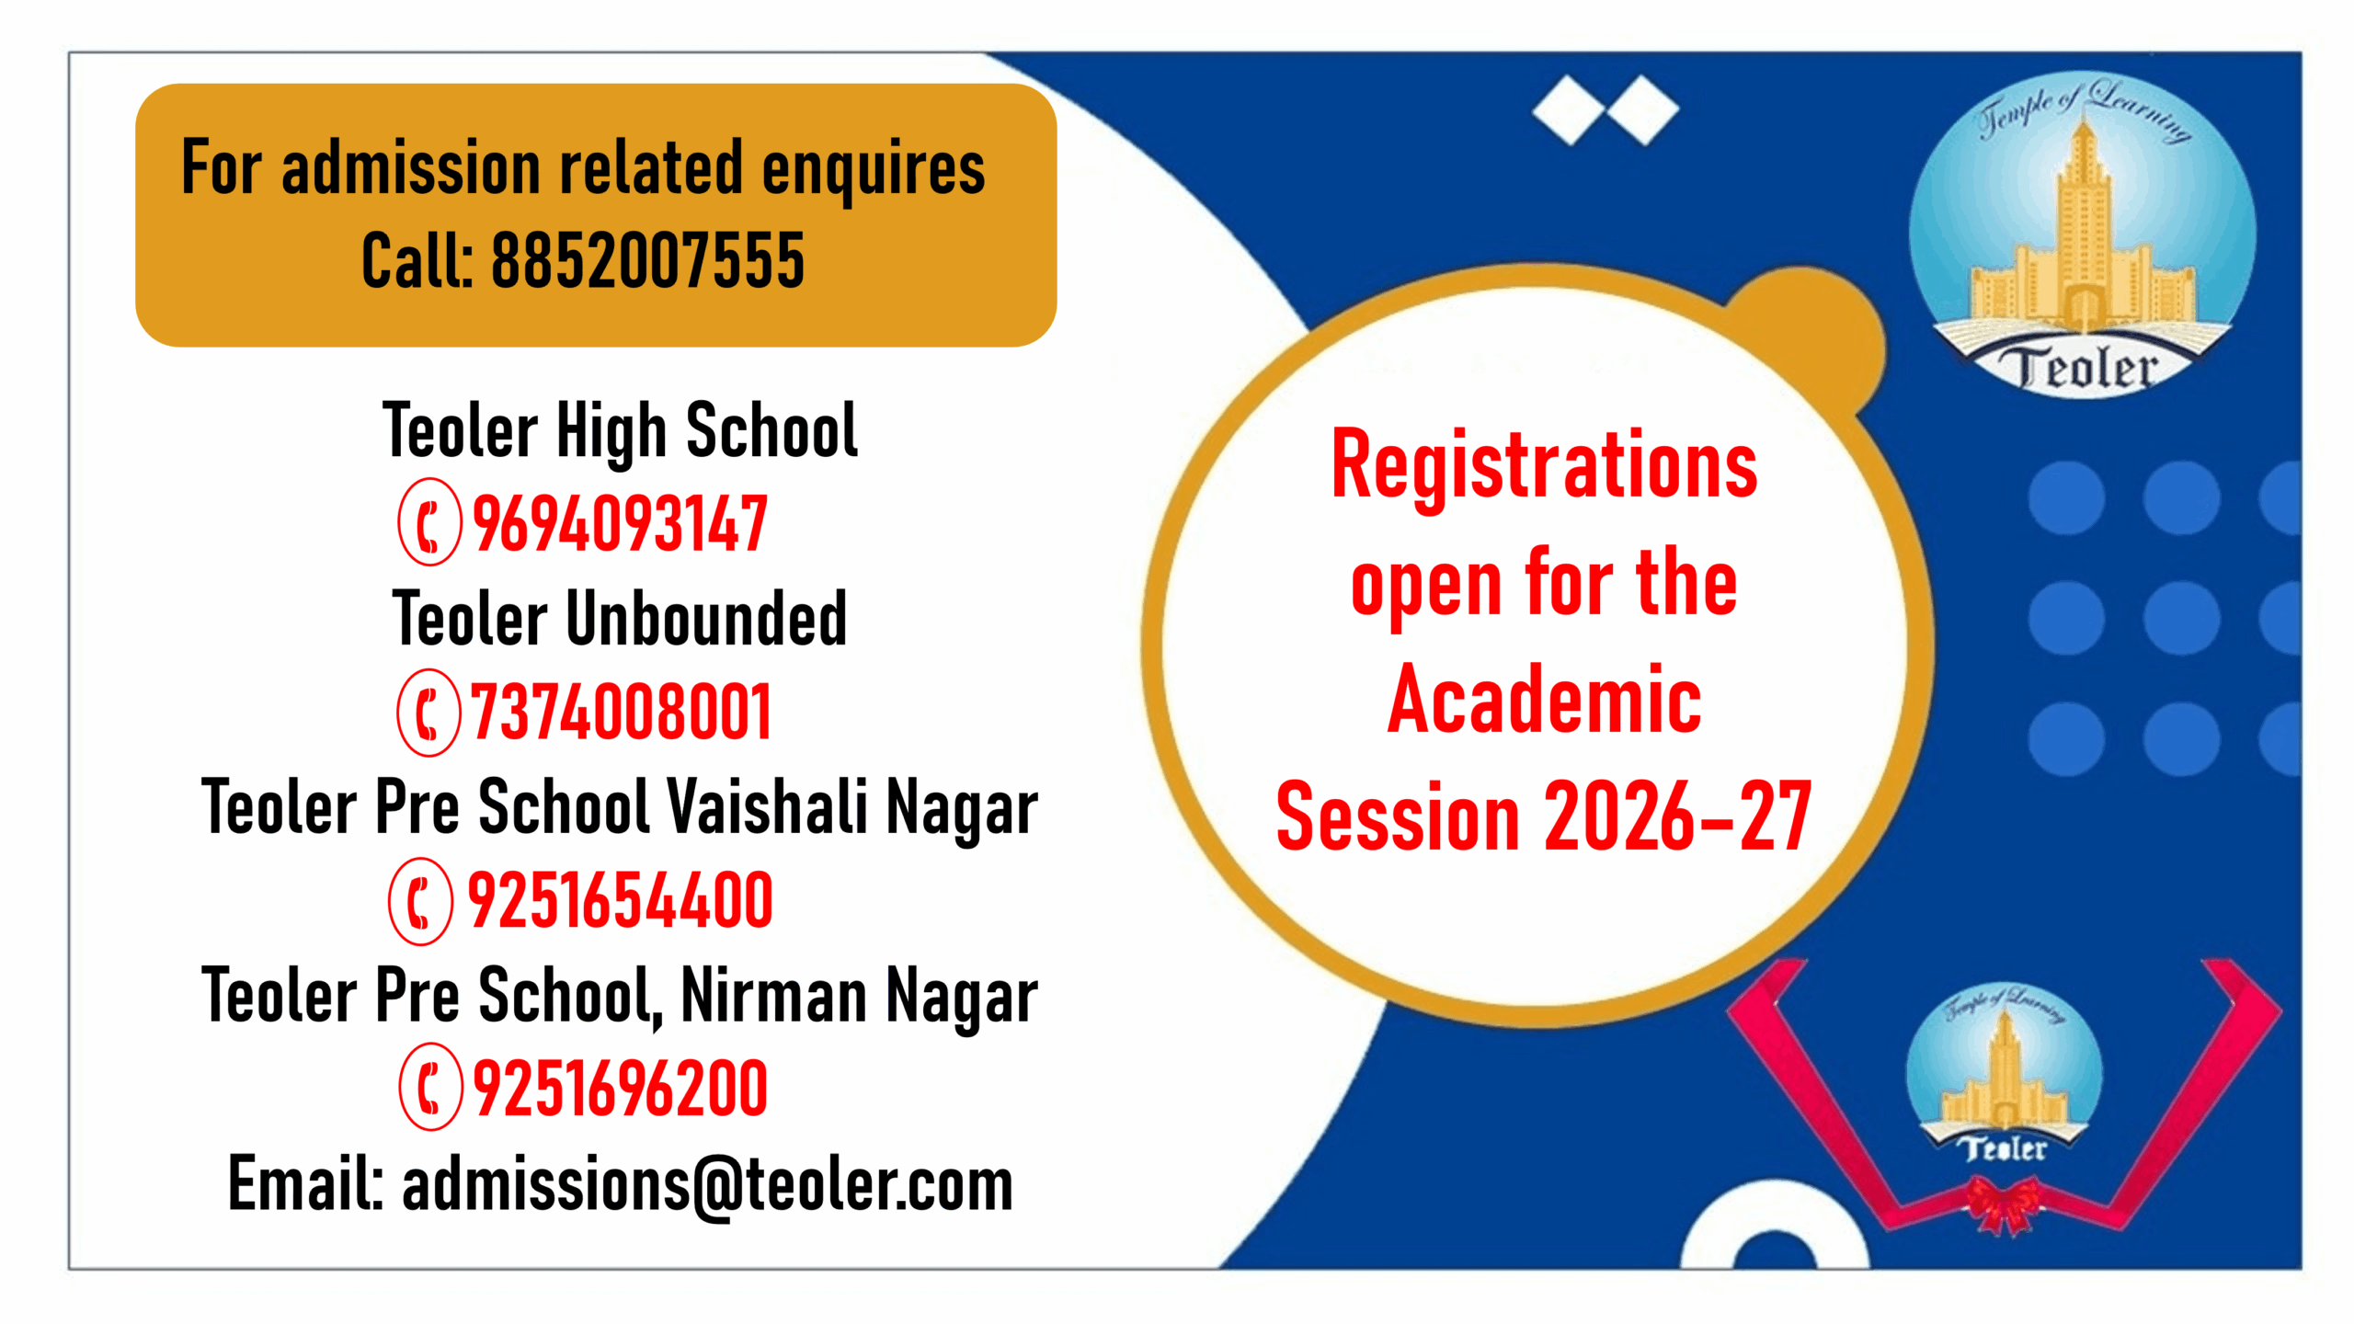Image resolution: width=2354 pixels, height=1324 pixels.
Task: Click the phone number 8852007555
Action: click(647, 261)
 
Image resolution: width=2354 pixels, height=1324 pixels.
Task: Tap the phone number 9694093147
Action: click(620, 524)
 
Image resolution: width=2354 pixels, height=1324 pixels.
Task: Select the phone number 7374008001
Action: click(622, 713)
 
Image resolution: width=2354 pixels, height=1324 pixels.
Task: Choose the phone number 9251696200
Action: click(620, 1089)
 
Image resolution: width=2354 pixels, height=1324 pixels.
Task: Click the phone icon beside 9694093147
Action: click(429, 522)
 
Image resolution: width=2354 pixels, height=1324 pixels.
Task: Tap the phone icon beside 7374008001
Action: click(428, 713)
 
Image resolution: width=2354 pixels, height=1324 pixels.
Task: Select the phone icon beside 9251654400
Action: click(420, 901)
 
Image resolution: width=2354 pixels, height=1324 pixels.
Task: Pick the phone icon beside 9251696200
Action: click(429, 1087)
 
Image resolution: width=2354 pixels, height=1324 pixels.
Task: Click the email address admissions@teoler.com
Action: click(707, 1186)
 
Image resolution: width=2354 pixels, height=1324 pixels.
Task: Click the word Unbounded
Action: click(705, 619)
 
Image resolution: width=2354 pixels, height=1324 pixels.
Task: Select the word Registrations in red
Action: click(1544, 467)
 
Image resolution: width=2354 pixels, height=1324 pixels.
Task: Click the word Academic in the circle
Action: click(1544, 701)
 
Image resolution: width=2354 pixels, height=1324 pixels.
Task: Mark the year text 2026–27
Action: click(1677, 816)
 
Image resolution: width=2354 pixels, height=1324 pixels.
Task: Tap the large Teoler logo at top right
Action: click(2082, 234)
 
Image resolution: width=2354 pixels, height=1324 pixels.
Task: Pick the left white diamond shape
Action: click(1569, 110)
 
